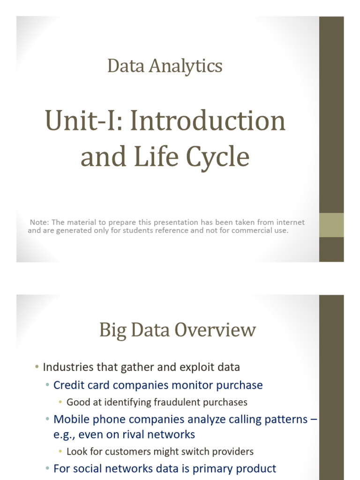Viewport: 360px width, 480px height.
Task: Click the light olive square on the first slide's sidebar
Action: pyautogui.click(x=331, y=225)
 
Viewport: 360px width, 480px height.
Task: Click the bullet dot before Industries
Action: pyautogui.click(x=37, y=367)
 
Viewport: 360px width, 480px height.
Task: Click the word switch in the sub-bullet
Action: pyautogui.click(x=187, y=451)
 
